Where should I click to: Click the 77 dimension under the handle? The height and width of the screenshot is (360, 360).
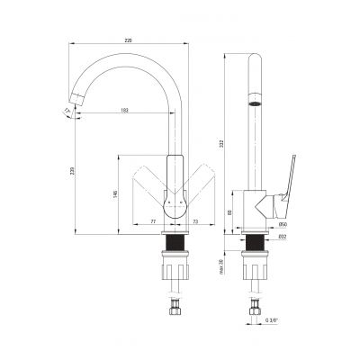(x=151, y=220)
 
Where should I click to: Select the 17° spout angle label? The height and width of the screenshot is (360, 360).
(x=67, y=111)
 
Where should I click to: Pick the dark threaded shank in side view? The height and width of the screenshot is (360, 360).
(x=256, y=247)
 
